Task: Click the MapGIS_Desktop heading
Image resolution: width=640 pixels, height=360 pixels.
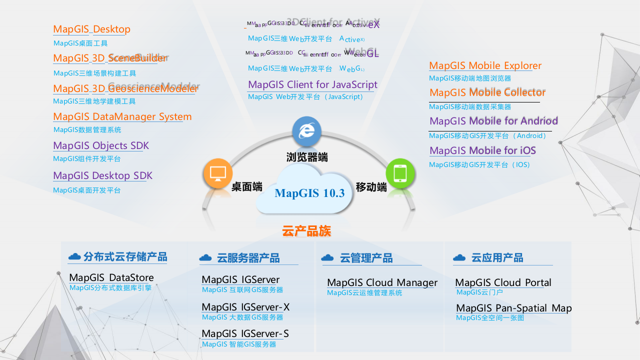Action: tap(91, 29)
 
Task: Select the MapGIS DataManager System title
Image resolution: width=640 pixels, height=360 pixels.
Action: tap(122, 116)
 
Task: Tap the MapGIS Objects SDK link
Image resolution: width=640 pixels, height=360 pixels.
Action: tap(100, 145)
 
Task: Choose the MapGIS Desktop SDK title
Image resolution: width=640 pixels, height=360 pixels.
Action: tap(102, 175)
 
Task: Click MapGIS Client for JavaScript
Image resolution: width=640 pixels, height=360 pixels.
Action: tap(312, 84)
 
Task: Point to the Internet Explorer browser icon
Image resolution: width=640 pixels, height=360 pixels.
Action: tap(306, 130)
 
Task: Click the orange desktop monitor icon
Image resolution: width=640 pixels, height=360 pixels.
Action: tap(218, 173)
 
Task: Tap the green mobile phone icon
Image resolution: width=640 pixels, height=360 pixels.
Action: tap(400, 173)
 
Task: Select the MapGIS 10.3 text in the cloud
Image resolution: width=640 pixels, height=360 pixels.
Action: tap(309, 193)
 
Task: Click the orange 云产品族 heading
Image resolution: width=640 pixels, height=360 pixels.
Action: tap(306, 231)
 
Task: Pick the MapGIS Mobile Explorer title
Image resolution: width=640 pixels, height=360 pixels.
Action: tap(485, 65)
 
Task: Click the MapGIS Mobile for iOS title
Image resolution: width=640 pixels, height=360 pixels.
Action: tap(482, 150)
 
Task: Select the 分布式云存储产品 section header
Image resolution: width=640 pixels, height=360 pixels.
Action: tap(125, 257)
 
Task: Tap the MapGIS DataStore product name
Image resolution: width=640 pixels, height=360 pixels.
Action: tap(111, 277)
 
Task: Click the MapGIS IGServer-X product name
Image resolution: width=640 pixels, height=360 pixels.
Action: tap(245, 307)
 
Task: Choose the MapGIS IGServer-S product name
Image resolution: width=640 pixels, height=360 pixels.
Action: tap(245, 333)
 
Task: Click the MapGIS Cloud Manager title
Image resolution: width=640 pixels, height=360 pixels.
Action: tap(382, 282)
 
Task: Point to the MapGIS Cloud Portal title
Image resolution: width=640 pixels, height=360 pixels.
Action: tap(503, 282)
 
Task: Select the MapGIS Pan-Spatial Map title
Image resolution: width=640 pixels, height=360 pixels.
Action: tap(513, 308)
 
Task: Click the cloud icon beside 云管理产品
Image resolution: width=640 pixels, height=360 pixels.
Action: tap(327, 257)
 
